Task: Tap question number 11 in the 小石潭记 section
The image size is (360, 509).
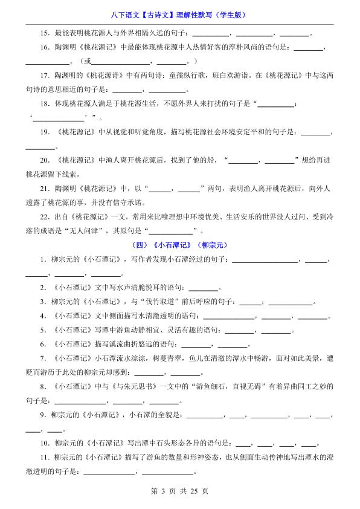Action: click(x=43, y=458)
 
